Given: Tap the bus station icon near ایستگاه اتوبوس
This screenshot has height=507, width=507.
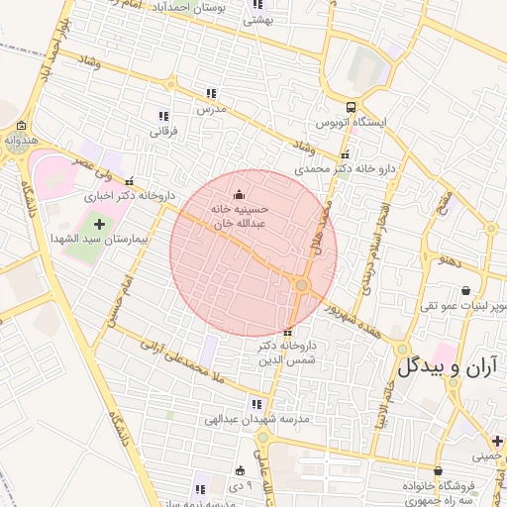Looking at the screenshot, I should click(x=352, y=108).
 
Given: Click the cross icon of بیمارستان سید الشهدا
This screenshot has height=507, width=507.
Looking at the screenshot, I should click(x=98, y=225).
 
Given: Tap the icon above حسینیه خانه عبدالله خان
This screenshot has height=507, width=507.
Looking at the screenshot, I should click(x=239, y=195).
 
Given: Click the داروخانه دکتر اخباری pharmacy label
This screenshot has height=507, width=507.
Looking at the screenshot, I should click(x=129, y=196).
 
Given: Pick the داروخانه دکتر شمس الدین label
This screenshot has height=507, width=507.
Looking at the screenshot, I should click(x=286, y=352).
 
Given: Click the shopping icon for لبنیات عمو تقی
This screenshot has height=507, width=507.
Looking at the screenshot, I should click(x=466, y=291).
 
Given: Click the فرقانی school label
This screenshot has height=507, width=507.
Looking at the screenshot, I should click(x=162, y=130).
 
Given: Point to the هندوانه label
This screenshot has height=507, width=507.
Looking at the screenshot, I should click(x=22, y=141).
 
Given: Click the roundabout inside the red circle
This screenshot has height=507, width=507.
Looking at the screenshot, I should click(x=302, y=286).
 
